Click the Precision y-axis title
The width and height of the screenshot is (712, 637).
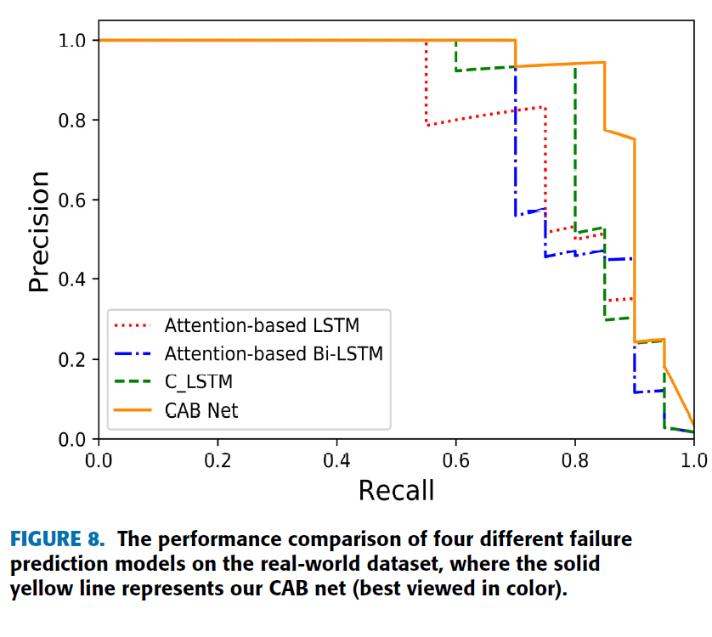tap(39, 231)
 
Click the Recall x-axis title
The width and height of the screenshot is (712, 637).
tap(396, 490)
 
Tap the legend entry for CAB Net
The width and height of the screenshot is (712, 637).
tap(201, 410)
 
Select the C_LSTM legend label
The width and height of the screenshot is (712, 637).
tap(198, 382)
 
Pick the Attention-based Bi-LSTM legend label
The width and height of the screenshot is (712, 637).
tap(274, 353)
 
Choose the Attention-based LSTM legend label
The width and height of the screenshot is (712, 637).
tap(262, 325)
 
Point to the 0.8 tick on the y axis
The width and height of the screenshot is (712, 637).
tap(73, 121)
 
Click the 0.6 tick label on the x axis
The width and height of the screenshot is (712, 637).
tap(456, 459)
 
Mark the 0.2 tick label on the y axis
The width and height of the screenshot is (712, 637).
tap(73, 360)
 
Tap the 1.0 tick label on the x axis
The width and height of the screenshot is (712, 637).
tap(693, 459)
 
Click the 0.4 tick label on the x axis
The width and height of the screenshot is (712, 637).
tap(337, 459)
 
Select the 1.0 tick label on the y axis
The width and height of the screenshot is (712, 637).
tap(73, 41)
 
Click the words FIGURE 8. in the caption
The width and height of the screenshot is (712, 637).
tap(58, 539)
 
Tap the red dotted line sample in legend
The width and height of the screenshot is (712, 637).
tap(132, 325)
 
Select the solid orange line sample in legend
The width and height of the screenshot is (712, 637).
tap(132, 410)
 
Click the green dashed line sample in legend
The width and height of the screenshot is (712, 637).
tap(132, 382)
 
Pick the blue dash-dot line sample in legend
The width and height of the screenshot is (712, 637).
tap(132, 353)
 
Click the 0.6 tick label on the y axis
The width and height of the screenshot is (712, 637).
tap(73, 200)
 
